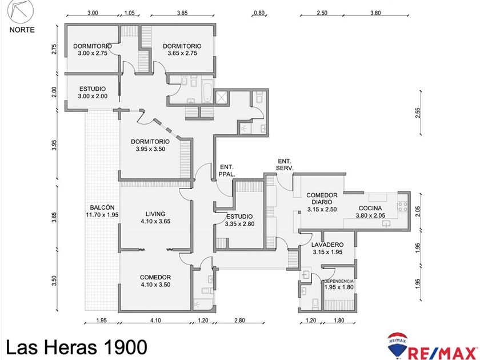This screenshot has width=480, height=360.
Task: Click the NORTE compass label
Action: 22,30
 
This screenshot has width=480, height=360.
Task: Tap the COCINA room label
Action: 370,209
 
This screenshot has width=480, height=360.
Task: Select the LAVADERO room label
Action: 327,245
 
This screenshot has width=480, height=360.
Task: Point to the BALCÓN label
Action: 102,207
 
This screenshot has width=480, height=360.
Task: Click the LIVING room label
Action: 155,214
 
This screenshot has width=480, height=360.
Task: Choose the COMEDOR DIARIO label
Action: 322,198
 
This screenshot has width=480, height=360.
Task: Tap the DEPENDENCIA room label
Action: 339,281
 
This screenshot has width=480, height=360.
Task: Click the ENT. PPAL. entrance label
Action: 227,171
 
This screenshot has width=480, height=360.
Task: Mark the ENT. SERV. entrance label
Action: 285,165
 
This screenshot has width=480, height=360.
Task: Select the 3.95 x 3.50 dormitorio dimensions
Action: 150,149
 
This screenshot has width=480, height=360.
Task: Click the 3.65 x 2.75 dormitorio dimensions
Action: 182,53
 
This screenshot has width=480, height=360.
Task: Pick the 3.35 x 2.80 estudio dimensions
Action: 239,224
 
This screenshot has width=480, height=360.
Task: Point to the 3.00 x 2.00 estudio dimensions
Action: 93,96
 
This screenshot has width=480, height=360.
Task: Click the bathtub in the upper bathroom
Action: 207,91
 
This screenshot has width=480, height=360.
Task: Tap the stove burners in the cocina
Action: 402,207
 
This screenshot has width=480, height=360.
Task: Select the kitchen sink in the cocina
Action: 386,224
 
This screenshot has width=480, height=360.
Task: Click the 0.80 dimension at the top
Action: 259,13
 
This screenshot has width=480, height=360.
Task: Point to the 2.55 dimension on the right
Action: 418,113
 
